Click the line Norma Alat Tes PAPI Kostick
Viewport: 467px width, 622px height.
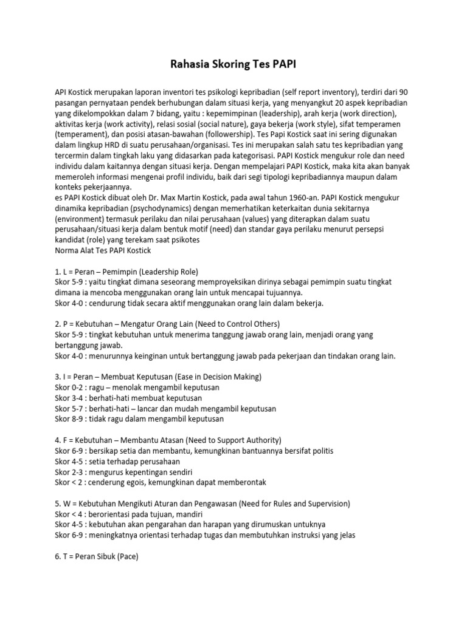pyautogui.click(x=103, y=250)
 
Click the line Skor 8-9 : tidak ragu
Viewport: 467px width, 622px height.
pyautogui.click(x=139, y=419)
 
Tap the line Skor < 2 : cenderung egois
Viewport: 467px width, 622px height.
pyautogui.click(x=161, y=482)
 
